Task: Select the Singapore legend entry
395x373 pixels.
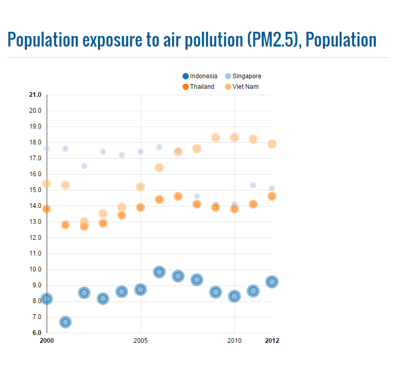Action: pyautogui.click(x=243, y=76)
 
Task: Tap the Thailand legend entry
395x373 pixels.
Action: pyautogui.click(x=198, y=86)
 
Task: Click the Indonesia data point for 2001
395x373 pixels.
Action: pyautogui.click(x=65, y=322)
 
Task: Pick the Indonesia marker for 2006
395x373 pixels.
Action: pyautogui.click(x=159, y=272)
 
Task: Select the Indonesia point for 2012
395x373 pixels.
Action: pyautogui.click(x=272, y=282)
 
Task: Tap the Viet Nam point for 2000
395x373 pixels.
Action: pyautogui.click(x=47, y=184)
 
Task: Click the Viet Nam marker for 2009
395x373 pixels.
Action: pyautogui.click(x=216, y=138)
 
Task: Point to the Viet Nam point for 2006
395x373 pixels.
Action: pyautogui.click(x=159, y=168)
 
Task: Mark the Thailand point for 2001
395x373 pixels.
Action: pyautogui.click(x=65, y=225)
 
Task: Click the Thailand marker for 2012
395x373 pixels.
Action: pyautogui.click(x=272, y=196)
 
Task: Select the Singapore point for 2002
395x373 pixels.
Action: pyautogui.click(x=84, y=166)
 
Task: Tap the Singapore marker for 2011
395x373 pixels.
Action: pyautogui.click(x=253, y=185)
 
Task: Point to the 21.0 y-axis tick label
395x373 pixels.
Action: pyautogui.click(x=35, y=95)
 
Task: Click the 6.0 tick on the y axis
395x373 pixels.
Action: pyautogui.click(x=37, y=333)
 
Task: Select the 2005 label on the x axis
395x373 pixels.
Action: pyautogui.click(x=141, y=340)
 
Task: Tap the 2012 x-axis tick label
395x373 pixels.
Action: pyautogui.click(x=272, y=340)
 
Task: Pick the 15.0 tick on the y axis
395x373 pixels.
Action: pyautogui.click(x=35, y=190)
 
